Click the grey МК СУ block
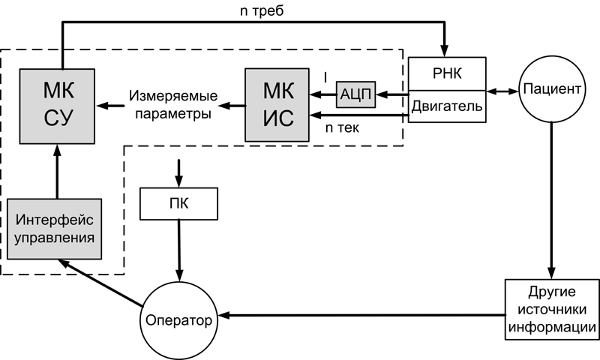58,105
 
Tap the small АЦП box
356,94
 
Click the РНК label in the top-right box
447,75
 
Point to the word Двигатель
447,107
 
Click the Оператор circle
178,320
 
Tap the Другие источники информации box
553,309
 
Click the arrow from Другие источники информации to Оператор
360,316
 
